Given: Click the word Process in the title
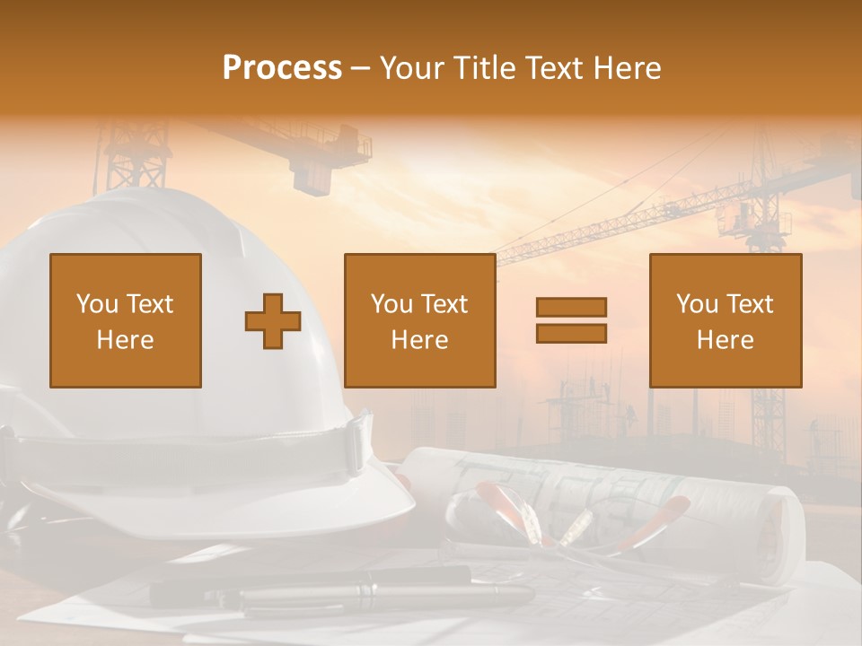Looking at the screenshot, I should (282, 68).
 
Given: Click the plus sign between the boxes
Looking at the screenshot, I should (273, 320).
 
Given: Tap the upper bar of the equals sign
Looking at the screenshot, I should (571, 307).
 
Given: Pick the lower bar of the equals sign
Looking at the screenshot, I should (571, 333).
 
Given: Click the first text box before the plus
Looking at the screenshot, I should (126, 320).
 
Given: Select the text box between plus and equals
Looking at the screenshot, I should (419, 320).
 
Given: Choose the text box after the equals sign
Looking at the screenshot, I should (726, 320).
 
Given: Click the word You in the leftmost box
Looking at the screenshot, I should (96, 304).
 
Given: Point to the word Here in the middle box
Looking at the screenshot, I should (419, 340).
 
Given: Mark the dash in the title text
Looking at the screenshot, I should (361, 68).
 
